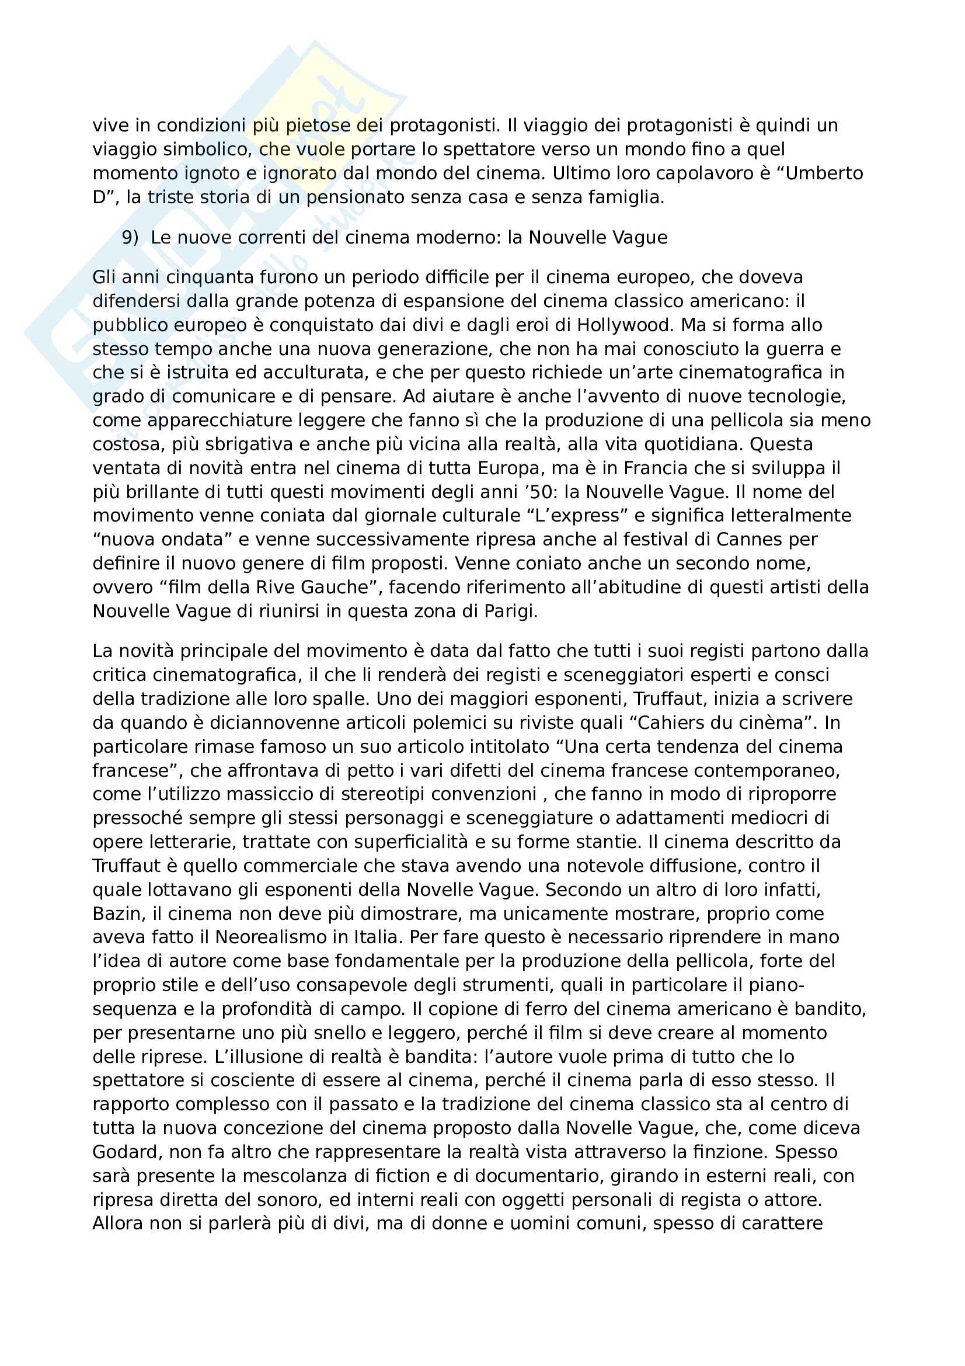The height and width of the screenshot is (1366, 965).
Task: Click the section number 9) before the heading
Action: click(130, 237)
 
